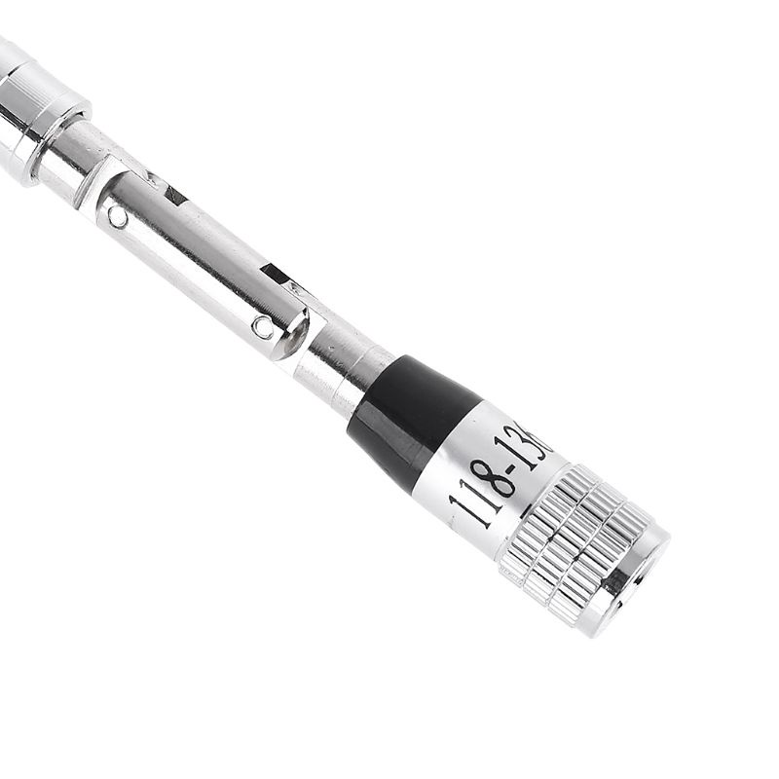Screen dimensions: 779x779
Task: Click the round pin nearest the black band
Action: tap(263, 327)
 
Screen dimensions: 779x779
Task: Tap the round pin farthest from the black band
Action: tap(118, 217)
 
